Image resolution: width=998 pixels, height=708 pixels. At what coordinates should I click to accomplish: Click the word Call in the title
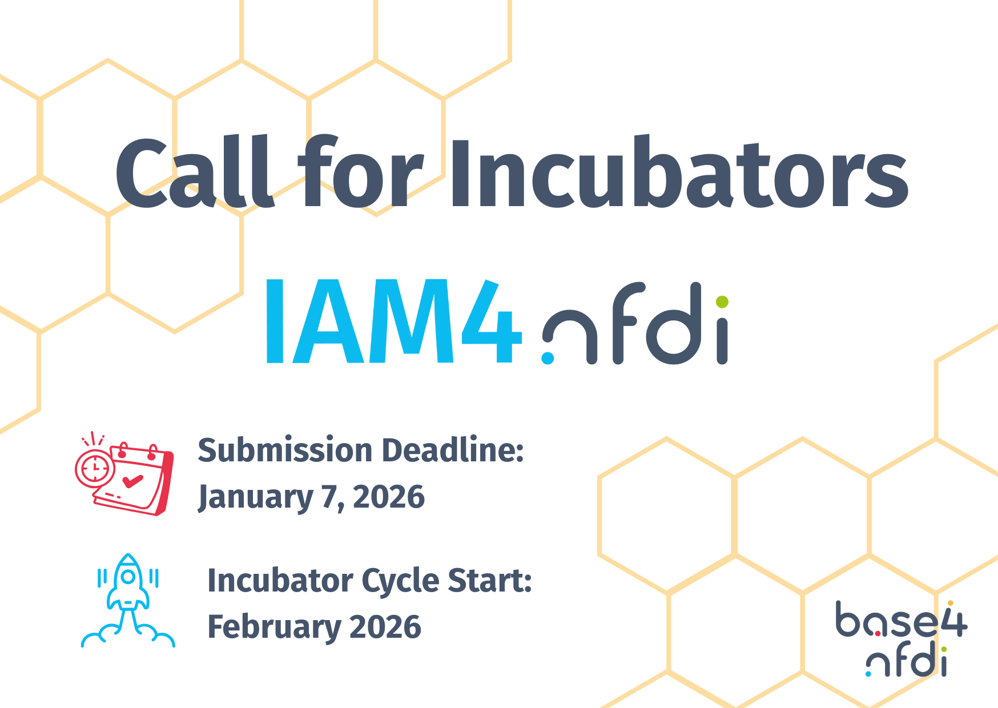[195, 172]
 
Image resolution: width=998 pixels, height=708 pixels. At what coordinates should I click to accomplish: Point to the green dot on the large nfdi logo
[722, 301]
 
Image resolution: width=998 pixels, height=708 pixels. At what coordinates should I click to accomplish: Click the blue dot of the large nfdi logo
[548, 358]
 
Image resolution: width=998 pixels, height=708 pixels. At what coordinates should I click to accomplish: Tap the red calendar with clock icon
[124, 473]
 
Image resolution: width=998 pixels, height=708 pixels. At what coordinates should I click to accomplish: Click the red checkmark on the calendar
[132, 481]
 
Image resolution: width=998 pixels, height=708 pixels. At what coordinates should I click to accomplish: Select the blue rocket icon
[128, 600]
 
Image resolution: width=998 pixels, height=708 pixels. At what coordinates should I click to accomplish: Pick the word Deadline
[453, 450]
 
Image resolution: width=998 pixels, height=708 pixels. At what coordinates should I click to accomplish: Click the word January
[255, 497]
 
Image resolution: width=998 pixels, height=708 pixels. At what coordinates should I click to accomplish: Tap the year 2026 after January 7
[389, 497]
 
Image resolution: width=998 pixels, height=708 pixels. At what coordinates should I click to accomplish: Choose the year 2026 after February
[385, 627]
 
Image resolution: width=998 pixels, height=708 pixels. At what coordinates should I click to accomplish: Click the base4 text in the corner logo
[901, 619]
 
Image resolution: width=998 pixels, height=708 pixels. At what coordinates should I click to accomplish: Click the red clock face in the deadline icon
[95, 468]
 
